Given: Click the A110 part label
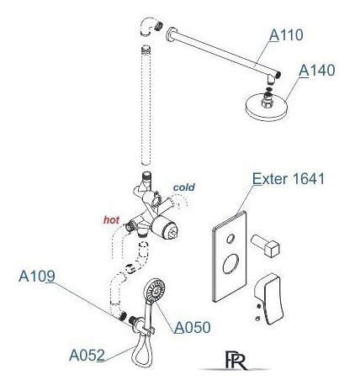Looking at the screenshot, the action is pyautogui.click(x=286, y=35).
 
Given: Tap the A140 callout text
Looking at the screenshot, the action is pyautogui.click(x=317, y=71).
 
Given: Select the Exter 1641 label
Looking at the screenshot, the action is pyautogui.click(x=289, y=178).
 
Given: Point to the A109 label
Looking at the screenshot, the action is pyautogui.click(x=37, y=277).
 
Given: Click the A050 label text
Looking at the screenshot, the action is pyautogui.click(x=193, y=327).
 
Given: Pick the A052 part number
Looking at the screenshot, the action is pyautogui.click(x=87, y=356).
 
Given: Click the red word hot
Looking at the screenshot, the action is pyautogui.click(x=111, y=220).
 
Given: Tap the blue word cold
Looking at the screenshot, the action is pyautogui.click(x=184, y=187).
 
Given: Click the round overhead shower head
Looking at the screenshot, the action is pyautogui.click(x=267, y=108).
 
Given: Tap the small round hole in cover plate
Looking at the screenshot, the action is pyautogui.click(x=230, y=239).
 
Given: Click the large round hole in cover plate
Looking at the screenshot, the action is pyautogui.click(x=230, y=263).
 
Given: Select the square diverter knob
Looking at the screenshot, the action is pyautogui.click(x=265, y=245).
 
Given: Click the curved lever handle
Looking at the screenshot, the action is pyautogui.click(x=269, y=298).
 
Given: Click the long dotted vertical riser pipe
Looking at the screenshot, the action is pyautogui.click(x=146, y=105).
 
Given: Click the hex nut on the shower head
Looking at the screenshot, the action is pyautogui.click(x=267, y=101).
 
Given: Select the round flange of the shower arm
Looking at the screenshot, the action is pyautogui.click(x=171, y=34).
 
